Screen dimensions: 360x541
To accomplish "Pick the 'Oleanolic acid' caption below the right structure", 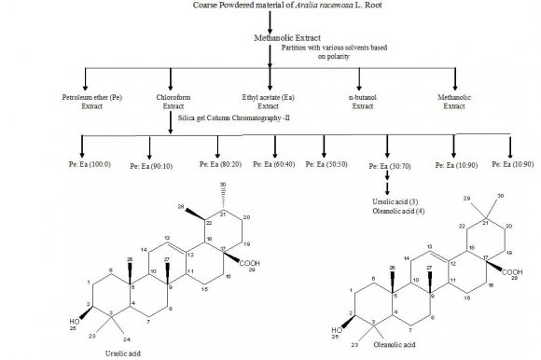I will (x=392, y=352).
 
